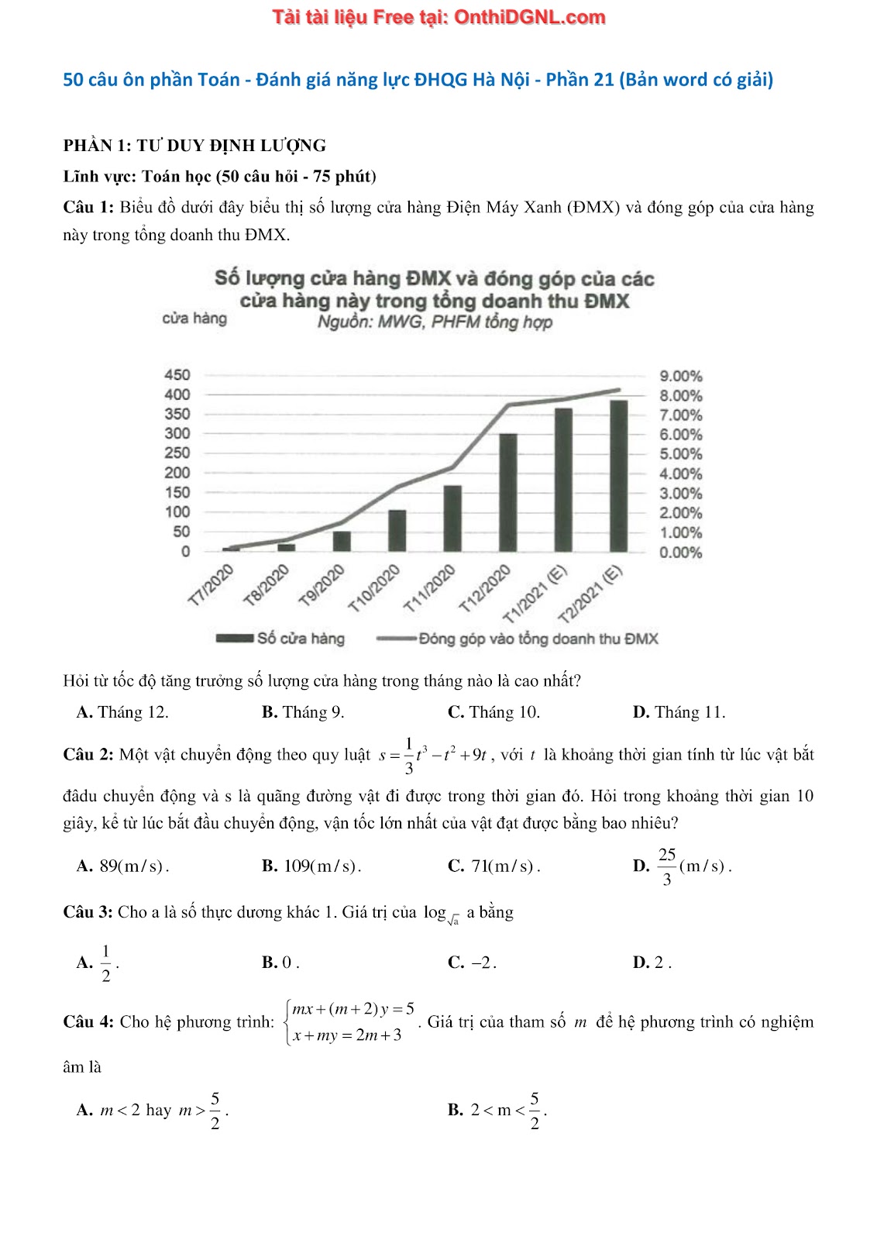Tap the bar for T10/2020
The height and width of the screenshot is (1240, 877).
coord(397,530)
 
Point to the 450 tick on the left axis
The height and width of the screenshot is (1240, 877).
coord(177,375)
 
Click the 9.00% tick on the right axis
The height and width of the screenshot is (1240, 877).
coord(680,377)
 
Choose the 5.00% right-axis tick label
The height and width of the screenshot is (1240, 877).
coord(680,454)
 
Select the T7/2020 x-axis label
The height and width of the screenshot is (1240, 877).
coord(211,585)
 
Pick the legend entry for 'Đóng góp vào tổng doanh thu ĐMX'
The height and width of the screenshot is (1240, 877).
coord(518,639)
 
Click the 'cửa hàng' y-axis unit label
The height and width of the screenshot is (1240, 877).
coord(194,319)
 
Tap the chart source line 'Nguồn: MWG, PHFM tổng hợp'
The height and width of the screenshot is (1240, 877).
coord(435,322)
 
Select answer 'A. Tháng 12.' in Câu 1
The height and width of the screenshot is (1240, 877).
coord(122,712)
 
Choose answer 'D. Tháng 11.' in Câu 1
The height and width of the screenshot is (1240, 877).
coord(679,712)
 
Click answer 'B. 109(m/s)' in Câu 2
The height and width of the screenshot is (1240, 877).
coord(311,866)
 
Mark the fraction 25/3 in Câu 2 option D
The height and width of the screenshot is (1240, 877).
coord(666,866)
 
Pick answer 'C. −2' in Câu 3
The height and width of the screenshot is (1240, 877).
coord(472,963)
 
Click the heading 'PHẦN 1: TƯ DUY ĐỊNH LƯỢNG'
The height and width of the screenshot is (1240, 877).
coord(194,146)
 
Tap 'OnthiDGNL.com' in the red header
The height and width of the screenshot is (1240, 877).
coord(529,17)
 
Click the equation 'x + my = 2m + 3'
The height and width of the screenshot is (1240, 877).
coord(347,1035)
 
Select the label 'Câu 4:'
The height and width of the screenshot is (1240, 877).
coord(88,1022)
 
